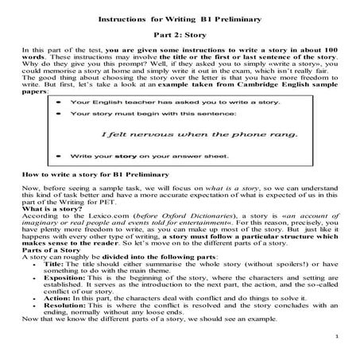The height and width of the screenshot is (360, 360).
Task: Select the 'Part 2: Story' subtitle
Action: click(x=180, y=36)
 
